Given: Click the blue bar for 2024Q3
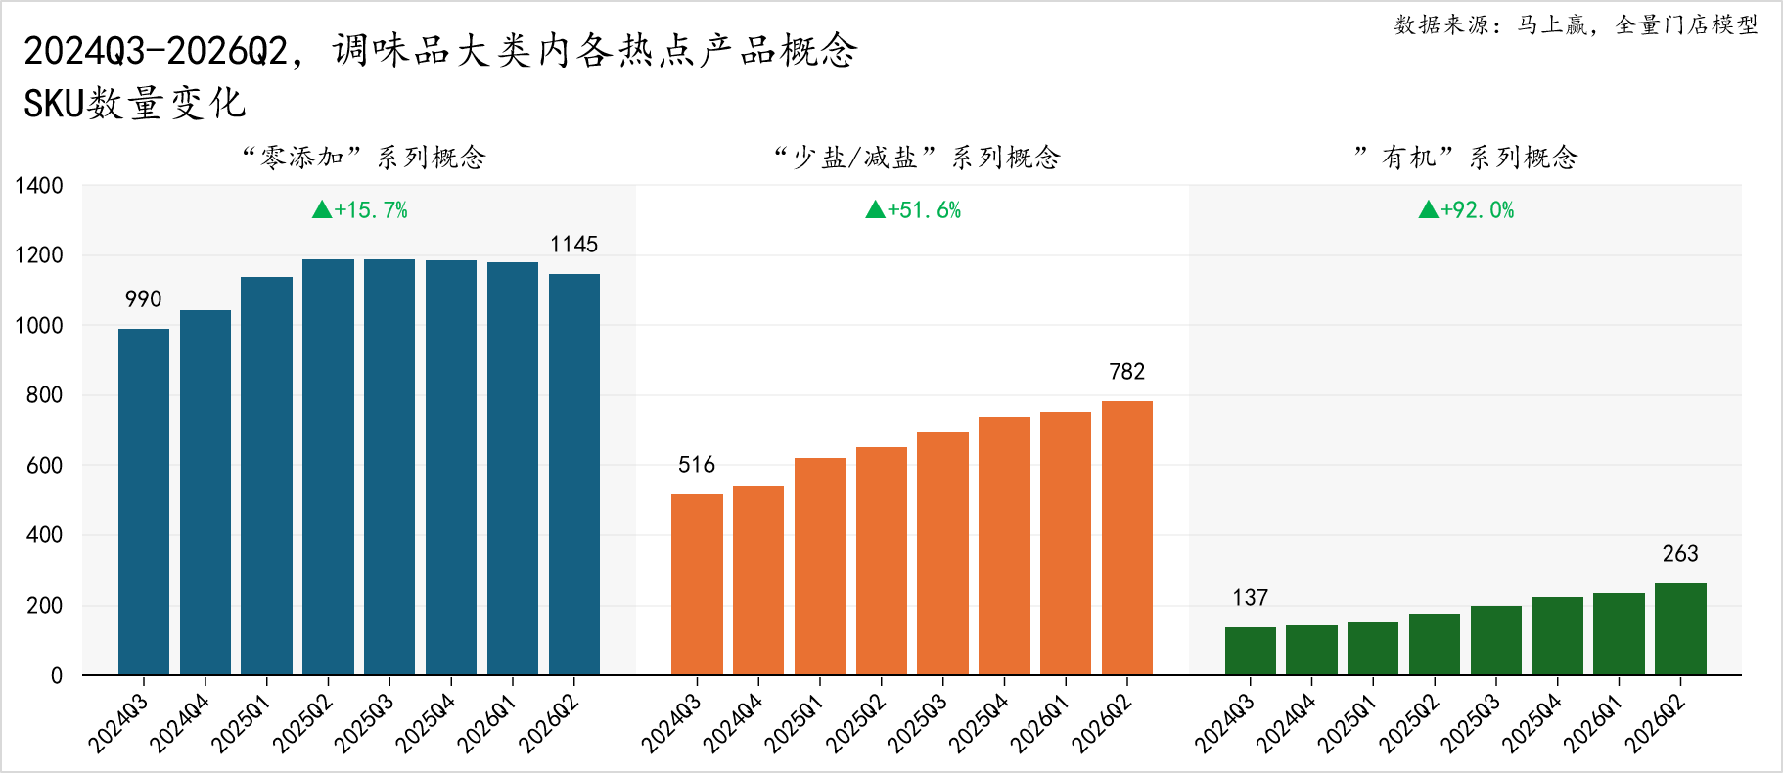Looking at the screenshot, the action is coord(144,502).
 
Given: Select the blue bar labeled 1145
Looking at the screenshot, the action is coord(574,475).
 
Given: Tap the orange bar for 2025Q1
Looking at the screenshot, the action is coord(820,567).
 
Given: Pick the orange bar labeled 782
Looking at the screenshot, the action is coord(1127,538).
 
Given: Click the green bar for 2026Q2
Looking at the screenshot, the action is coord(1680,629).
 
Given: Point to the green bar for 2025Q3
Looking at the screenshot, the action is coord(1496,640).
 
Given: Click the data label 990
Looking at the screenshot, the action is coord(144,299).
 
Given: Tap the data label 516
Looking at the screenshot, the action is coord(697,465).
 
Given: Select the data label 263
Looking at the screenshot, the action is coord(1680,554).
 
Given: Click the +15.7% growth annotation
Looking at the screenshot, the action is coord(360,209).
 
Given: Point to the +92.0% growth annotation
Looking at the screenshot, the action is coord(1466,209).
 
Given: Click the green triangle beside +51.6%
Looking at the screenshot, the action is coord(875,209).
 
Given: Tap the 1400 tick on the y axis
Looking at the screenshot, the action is coord(39,186).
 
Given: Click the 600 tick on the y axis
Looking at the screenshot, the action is coord(45,466).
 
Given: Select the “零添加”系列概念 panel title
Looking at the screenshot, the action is coord(364,157).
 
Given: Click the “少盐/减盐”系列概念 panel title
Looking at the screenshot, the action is coord(917,157).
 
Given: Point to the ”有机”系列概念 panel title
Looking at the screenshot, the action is coord(1466,157).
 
